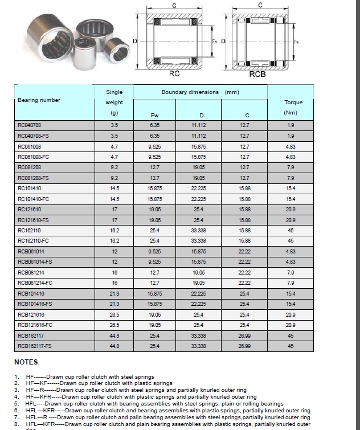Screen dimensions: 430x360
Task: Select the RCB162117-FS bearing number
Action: (35, 346)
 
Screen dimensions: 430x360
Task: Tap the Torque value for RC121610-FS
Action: (291, 220)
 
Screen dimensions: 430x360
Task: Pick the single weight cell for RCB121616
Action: (114, 314)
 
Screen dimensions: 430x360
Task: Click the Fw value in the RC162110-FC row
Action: (154, 240)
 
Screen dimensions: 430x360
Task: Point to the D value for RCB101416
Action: (199, 293)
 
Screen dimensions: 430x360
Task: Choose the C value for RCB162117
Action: (244, 335)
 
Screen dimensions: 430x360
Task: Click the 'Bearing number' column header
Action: (39, 100)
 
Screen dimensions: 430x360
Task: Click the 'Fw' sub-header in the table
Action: (154, 114)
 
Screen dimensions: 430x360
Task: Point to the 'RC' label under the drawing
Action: (175, 73)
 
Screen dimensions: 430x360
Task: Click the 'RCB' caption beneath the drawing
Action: (258, 74)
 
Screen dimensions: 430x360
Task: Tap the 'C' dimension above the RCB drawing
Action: (260, 5)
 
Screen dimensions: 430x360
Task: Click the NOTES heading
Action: (27, 362)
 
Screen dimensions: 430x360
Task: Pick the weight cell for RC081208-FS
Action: (114, 178)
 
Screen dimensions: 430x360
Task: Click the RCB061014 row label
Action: (31, 251)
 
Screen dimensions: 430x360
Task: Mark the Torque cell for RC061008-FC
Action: (291, 156)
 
